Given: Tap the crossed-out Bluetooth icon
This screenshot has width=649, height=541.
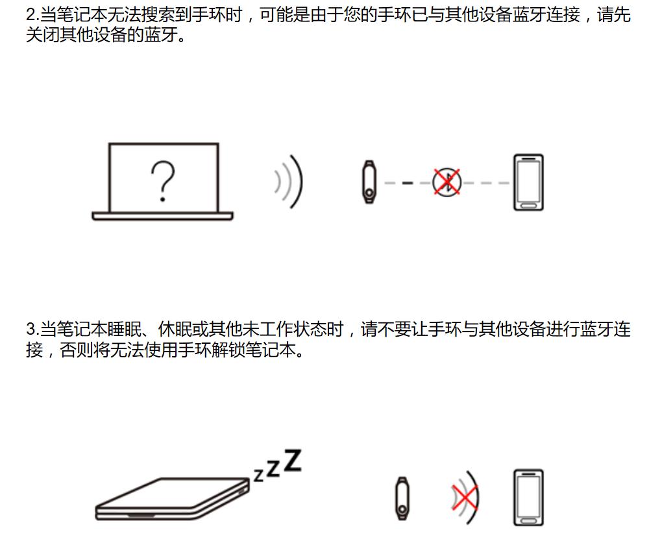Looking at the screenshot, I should pos(447,182).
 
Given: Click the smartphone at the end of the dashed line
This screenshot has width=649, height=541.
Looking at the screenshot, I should pos(528,182).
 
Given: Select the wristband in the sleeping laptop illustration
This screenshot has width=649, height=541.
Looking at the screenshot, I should pos(402,498).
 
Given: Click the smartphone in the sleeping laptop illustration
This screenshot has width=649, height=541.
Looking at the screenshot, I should pos(528,498).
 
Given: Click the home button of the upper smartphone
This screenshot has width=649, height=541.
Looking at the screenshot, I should pos(528,204).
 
